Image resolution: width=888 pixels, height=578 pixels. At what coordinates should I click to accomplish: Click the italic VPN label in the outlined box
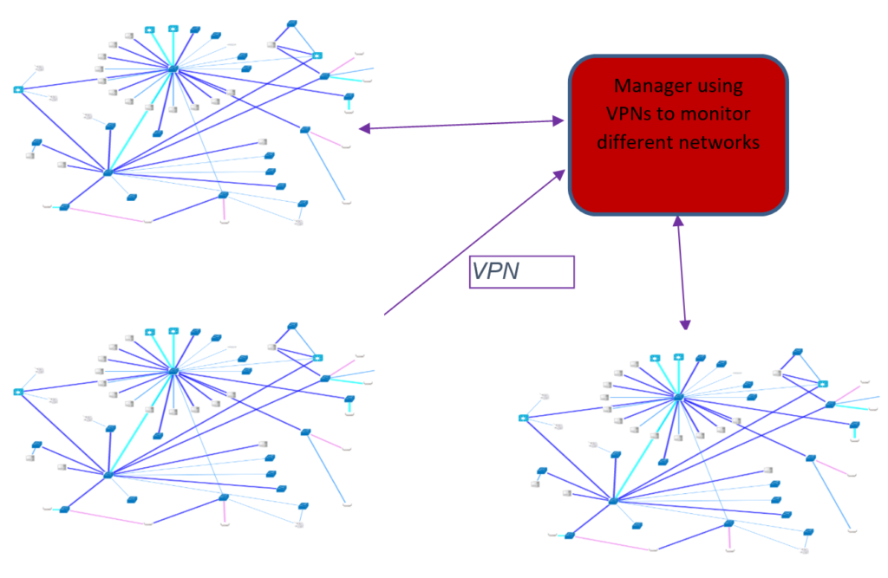(495, 271)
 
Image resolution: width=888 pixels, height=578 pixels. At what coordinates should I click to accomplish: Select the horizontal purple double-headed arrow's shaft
(461, 125)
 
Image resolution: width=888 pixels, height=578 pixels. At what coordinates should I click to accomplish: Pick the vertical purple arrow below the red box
(682, 272)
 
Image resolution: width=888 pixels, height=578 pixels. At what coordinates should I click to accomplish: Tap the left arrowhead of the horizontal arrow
(365, 128)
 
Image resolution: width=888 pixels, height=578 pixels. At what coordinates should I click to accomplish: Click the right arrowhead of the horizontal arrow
(558, 120)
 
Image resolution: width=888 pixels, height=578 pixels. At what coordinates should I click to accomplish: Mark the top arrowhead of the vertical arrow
(678, 221)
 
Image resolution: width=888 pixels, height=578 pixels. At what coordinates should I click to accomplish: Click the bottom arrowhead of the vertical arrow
(685, 325)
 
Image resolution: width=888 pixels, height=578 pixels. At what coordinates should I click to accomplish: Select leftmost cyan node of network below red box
(524, 418)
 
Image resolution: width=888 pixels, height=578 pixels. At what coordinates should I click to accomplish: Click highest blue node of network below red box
(798, 352)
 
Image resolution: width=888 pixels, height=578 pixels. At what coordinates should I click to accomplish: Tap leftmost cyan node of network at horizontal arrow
(18, 89)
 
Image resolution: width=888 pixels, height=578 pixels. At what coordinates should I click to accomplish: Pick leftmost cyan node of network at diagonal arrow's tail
(18, 392)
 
